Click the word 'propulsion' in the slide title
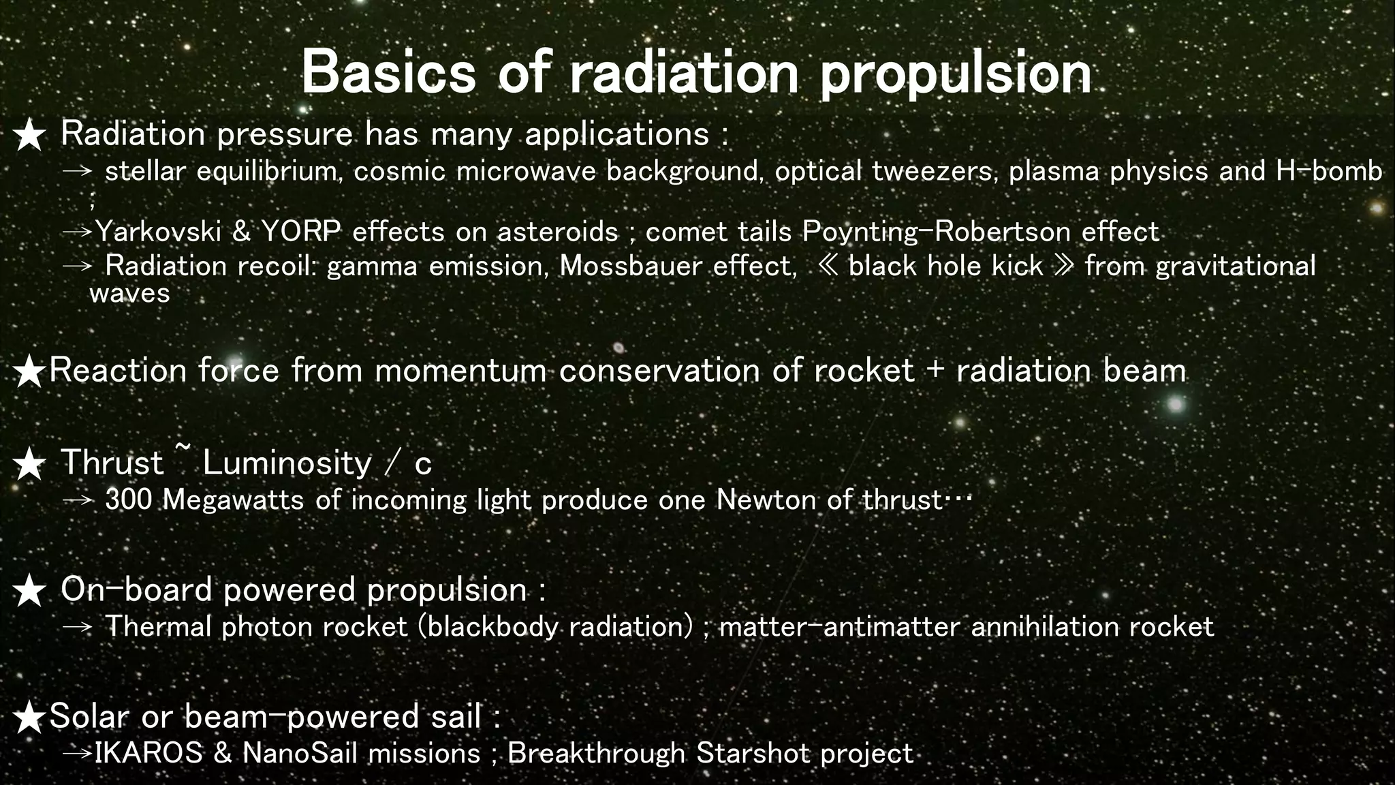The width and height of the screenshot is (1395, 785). (955, 75)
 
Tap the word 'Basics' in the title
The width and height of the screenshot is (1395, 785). (388, 72)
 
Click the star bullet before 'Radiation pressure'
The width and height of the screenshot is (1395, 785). (29, 135)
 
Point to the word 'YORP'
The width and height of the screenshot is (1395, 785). (300, 232)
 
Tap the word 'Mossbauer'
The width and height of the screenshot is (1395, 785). (630, 266)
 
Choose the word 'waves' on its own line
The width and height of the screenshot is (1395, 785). (129, 294)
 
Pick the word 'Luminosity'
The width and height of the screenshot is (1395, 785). (287, 463)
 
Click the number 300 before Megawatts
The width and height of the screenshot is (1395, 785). (129, 500)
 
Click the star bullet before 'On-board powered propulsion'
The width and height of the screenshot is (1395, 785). (29, 591)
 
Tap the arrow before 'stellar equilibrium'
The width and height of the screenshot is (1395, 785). (77, 171)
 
